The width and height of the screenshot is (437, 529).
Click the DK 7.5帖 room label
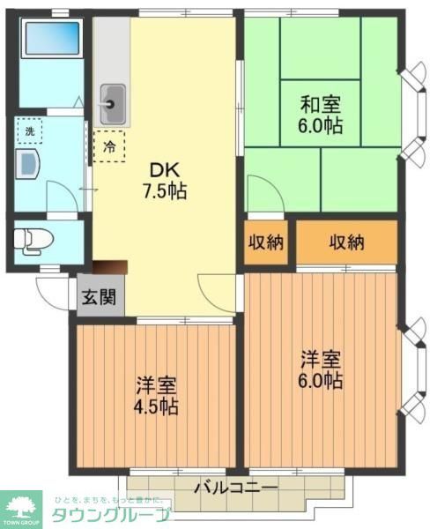(x=167, y=180)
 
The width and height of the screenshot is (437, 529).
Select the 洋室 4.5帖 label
(x=157, y=396)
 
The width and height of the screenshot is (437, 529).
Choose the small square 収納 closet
(x=265, y=242)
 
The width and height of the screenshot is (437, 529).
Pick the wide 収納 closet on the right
(x=346, y=242)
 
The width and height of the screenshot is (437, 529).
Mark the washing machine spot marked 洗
(x=29, y=131)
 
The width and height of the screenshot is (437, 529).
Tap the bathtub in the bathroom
(x=50, y=39)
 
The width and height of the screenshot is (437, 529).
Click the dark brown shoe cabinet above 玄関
(x=110, y=268)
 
